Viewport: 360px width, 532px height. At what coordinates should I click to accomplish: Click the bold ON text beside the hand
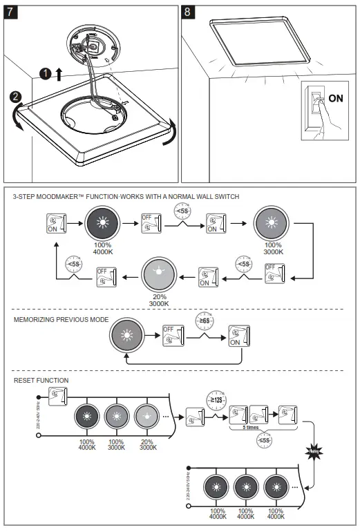335,98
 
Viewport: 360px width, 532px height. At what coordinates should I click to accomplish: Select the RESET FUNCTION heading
41,380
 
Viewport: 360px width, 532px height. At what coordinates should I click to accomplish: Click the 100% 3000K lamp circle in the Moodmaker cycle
272,222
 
